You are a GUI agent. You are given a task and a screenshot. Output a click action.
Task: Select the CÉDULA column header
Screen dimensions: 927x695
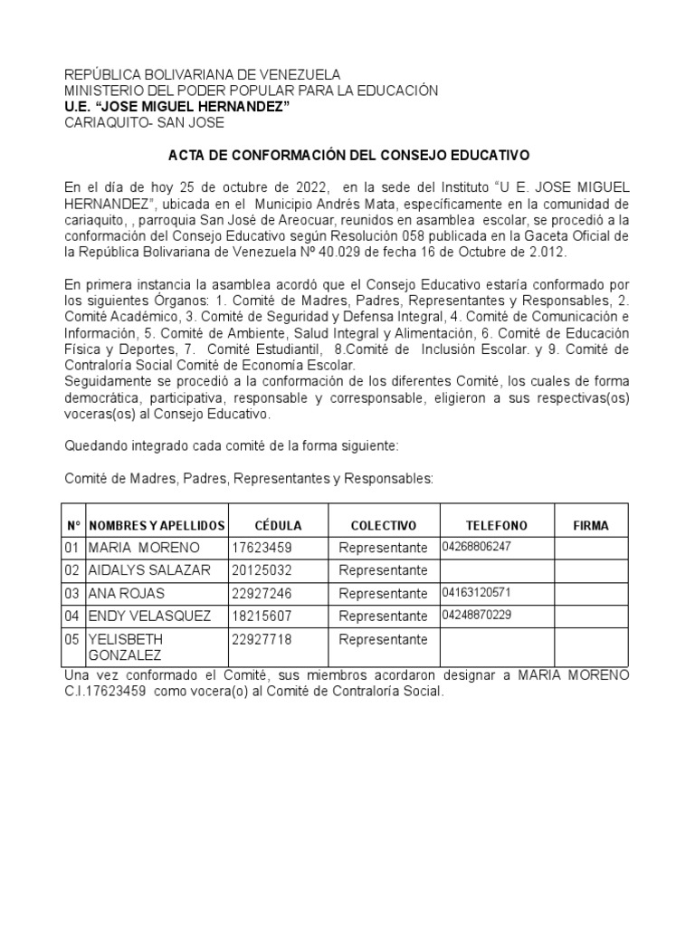[278, 526]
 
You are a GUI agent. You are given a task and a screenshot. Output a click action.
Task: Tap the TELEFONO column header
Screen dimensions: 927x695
[496, 526]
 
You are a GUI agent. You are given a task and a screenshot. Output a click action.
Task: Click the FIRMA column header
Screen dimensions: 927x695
[591, 526]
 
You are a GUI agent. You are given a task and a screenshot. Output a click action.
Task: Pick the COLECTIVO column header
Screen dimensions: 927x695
[383, 526]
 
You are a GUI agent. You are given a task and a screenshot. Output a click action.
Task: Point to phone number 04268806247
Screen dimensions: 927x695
[477, 547]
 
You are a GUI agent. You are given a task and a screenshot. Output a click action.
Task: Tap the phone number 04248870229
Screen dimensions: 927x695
[477, 616]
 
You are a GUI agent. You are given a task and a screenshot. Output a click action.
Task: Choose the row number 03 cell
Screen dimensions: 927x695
[72, 594]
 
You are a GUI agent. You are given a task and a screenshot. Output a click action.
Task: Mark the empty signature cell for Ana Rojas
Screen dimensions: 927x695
[591, 594]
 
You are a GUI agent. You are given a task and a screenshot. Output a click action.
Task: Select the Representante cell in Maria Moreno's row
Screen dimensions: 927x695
[383, 549]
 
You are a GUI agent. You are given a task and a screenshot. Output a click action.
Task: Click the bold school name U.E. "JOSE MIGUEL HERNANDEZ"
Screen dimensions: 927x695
[176, 107]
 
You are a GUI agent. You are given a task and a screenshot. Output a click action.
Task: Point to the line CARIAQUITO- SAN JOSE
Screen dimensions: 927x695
[143, 123]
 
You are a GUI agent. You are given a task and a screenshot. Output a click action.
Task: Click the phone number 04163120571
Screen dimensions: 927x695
[477, 593]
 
